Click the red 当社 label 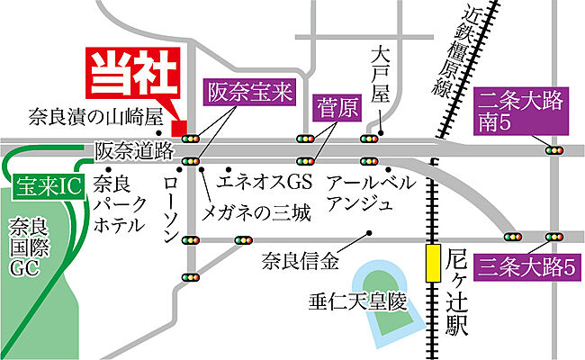pos(132,74)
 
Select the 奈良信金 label pos(301,262)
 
